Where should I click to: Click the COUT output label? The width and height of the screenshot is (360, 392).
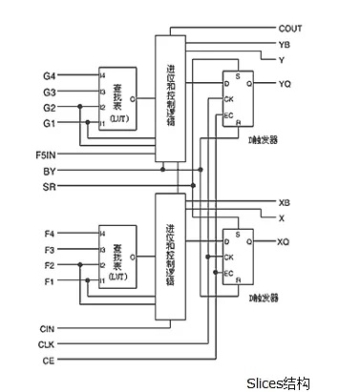[290, 30]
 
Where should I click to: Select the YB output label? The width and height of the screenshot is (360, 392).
[284, 45]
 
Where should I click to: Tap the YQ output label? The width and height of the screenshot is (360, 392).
[285, 85]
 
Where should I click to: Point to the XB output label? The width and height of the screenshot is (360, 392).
[285, 203]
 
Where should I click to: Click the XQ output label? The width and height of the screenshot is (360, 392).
[284, 242]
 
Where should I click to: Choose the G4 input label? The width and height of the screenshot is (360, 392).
[50, 73]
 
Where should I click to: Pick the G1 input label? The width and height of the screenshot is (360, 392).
[50, 123]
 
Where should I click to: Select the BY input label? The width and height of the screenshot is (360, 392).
[50, 170]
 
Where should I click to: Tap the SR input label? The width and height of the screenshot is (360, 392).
[50, 186]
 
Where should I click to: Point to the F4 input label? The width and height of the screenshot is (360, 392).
[50, 233]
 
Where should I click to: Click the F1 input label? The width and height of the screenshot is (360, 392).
[50, 281]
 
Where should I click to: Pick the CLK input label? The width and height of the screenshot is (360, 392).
[47, 343]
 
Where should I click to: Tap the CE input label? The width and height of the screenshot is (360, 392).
[47, 360]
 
